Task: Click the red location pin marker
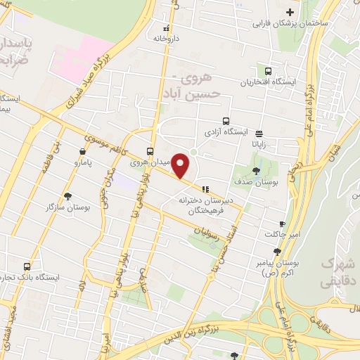click(181, 166)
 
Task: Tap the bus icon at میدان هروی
click(150, 152)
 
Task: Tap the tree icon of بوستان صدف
click(255, 170)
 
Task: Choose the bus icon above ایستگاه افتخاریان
click(267, 71)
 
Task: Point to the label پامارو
click(84, 162)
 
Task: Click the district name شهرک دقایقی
click(337, 271)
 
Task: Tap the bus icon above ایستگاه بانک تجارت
click(27, 266)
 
